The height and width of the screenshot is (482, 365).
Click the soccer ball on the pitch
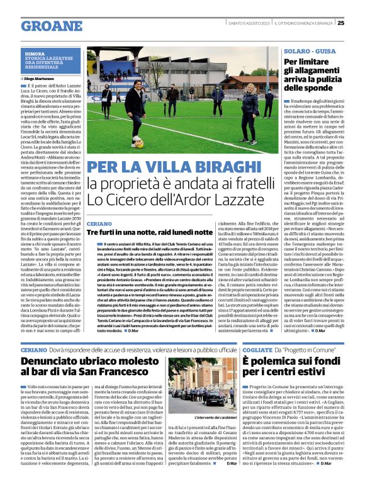140,143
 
